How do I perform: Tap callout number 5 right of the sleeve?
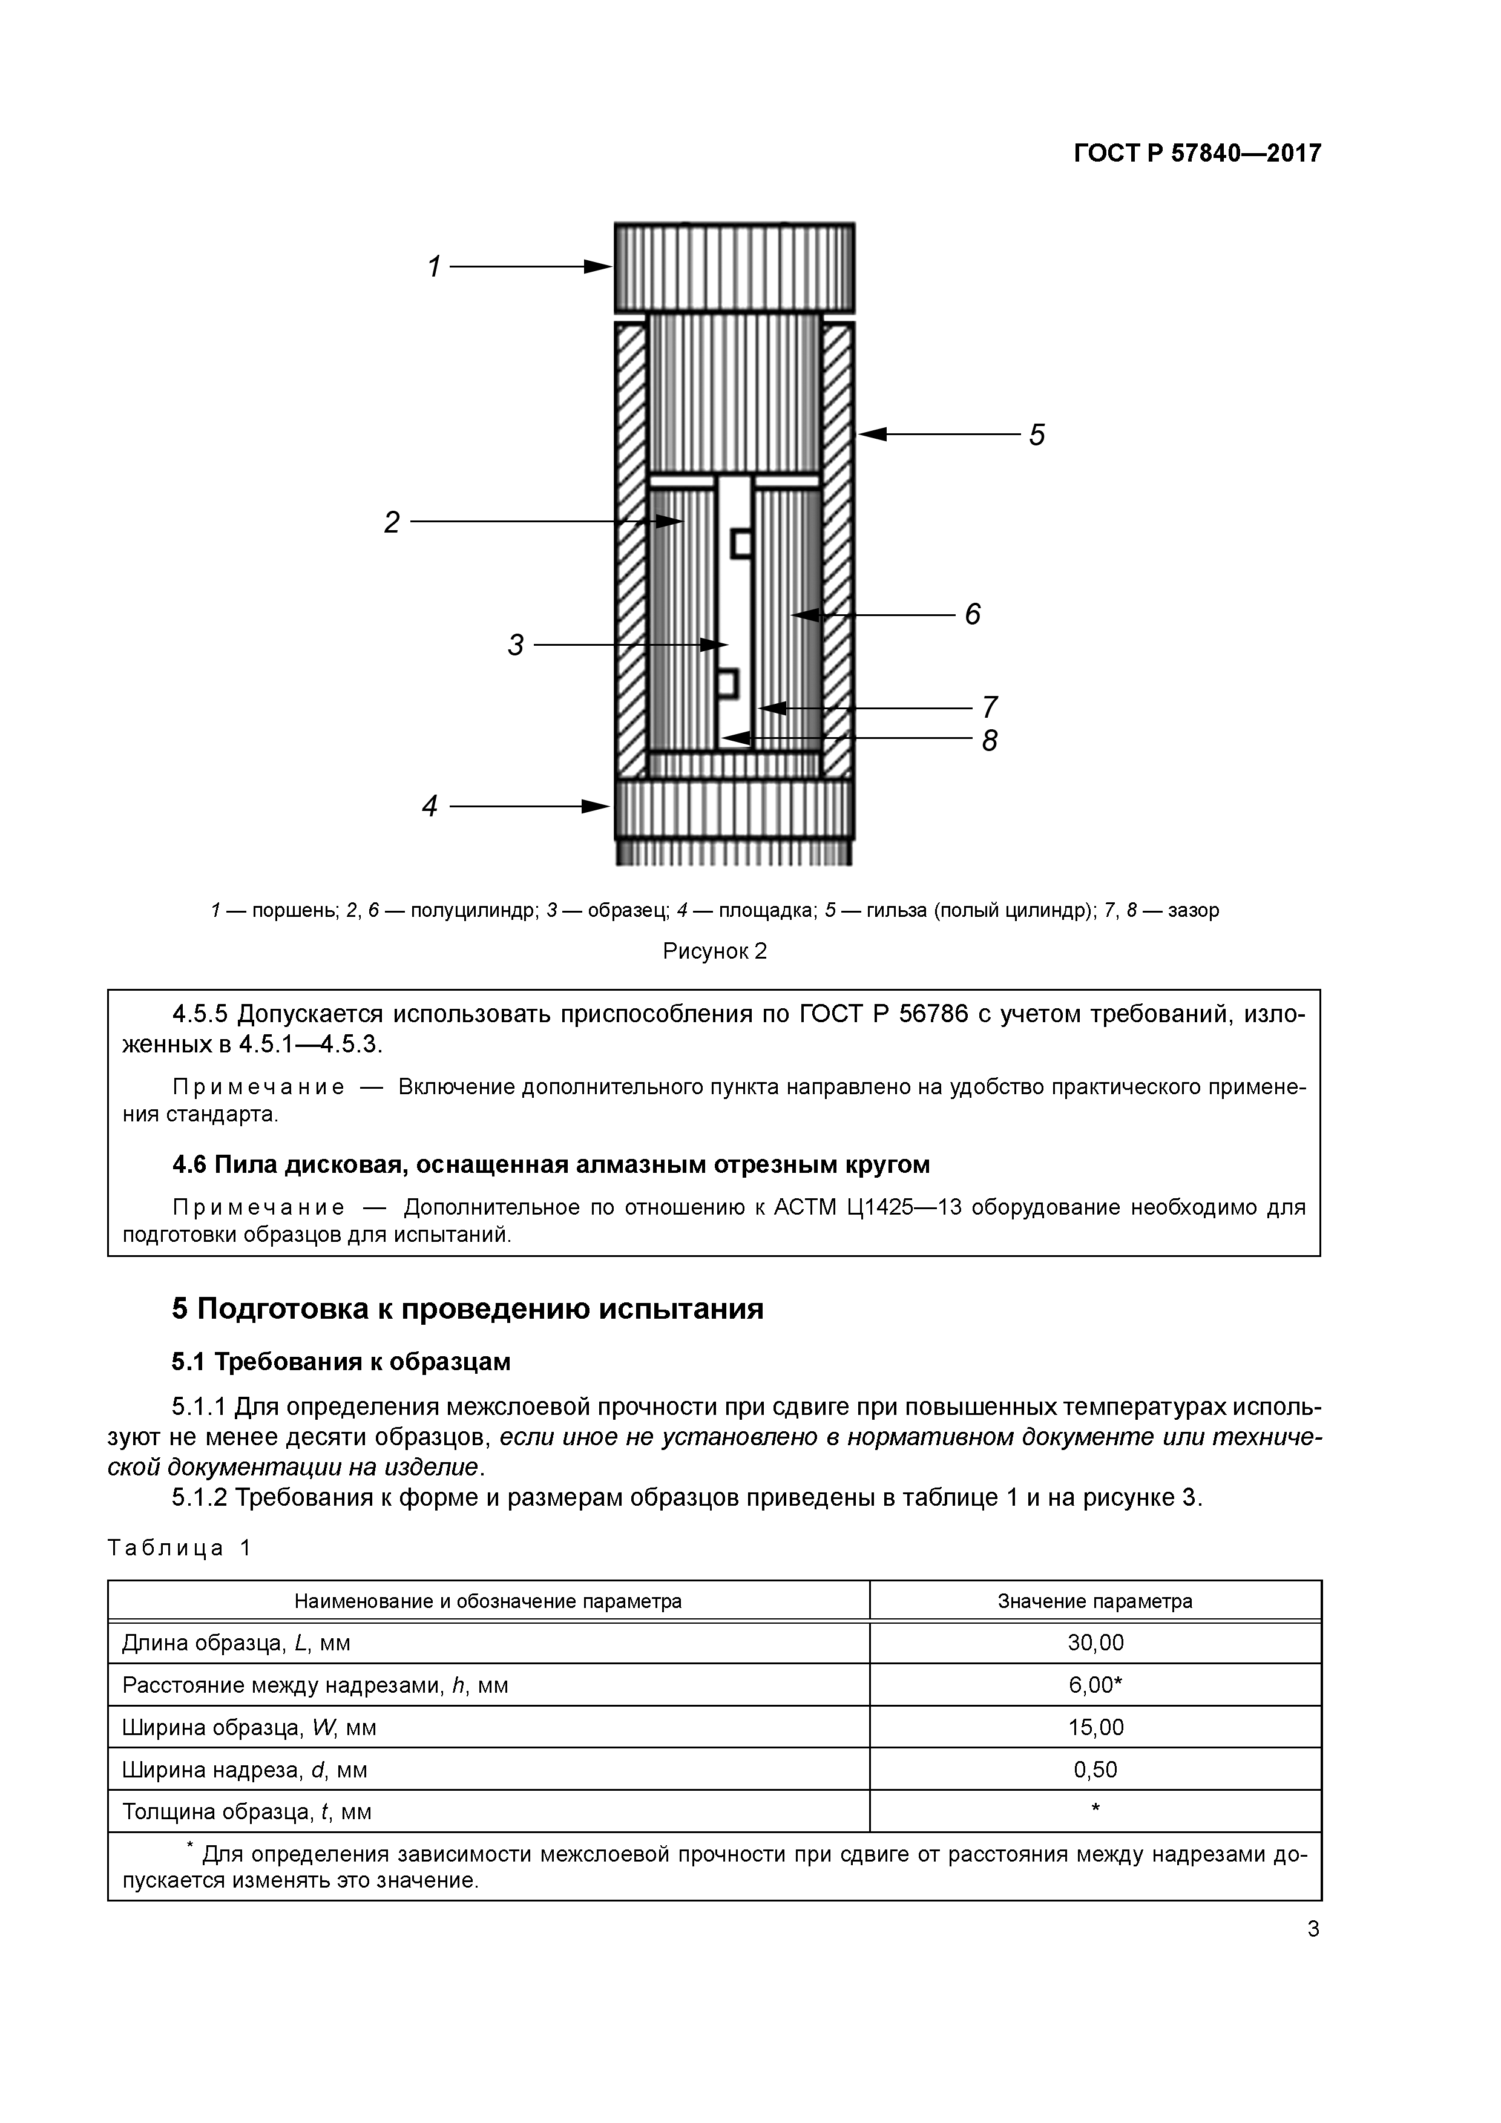pos(1037,435)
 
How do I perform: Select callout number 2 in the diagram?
pos(392,522)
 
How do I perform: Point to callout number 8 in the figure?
pos(990,741)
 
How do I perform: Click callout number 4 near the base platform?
pos(430,806)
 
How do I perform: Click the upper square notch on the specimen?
pos(741,543)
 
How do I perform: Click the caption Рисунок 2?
pos(715,951)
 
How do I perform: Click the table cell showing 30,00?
pos(1095,1643)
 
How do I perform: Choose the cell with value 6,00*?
pos(1095,1685)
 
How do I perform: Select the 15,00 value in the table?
pos(1095,1727)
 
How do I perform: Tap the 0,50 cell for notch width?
pos(1095,1770)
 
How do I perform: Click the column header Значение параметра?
pos(1095,1601)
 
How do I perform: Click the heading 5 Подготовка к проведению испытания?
pos(468,1309)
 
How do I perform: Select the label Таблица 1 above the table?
pos(179,1549)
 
